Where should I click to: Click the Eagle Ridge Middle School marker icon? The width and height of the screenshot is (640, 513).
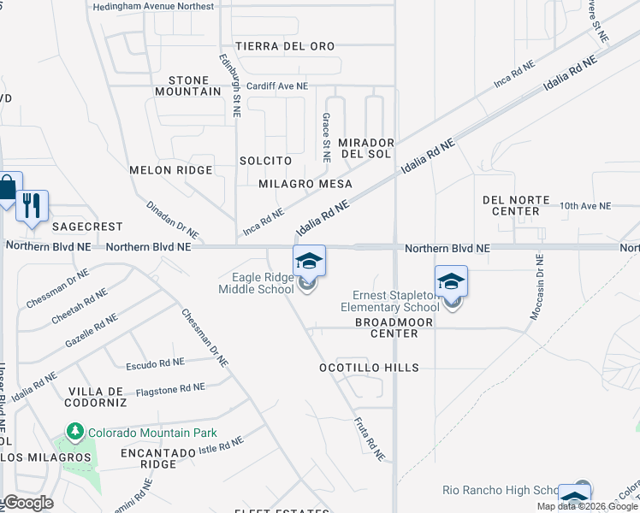coord(310,261)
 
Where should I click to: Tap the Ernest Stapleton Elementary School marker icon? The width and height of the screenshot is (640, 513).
coord(451,281)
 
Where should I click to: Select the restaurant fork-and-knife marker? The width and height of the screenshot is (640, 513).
coord(33,205)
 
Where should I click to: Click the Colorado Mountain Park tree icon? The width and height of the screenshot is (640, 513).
coord(75,433)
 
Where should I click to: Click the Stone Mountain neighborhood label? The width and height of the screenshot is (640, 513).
coord(188,85)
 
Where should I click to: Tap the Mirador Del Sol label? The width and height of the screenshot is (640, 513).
coord(365,148)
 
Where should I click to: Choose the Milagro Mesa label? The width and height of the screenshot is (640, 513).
coord(305,184)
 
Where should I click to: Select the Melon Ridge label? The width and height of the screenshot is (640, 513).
coord(170,170)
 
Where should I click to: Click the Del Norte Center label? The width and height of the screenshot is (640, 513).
coord(516,205)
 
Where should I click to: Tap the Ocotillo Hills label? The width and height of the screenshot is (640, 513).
coord(369,368)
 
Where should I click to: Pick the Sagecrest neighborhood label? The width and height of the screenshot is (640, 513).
coord(87,227)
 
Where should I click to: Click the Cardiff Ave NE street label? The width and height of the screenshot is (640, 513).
coord(276,86)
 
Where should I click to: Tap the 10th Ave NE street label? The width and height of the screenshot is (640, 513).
coord(586,206)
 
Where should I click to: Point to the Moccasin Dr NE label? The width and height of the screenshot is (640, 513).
coord(536,287)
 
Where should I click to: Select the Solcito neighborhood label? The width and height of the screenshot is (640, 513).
coord(265,161)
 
